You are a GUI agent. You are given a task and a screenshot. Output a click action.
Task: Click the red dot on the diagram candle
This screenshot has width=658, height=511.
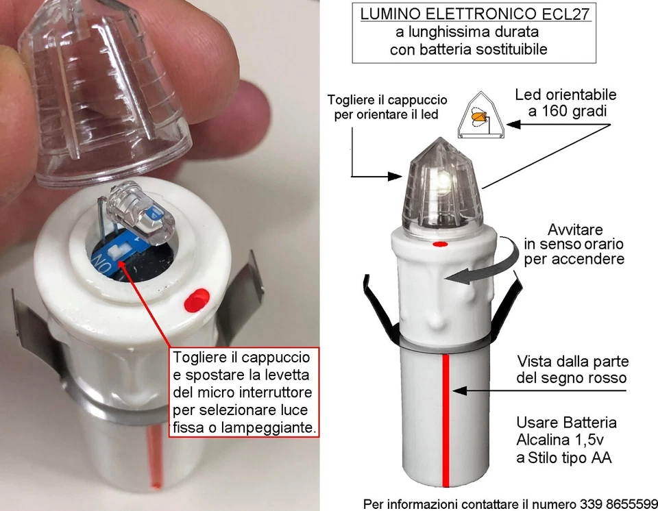click(x=441, y=243)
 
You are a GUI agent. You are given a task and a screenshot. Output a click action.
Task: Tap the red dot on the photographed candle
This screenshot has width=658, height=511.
click(x=197, y=299)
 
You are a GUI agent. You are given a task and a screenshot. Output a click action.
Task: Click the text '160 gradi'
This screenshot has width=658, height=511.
click(x=566, y=112)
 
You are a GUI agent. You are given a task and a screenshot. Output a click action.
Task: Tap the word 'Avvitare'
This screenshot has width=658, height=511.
click(x=574, y=229)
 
